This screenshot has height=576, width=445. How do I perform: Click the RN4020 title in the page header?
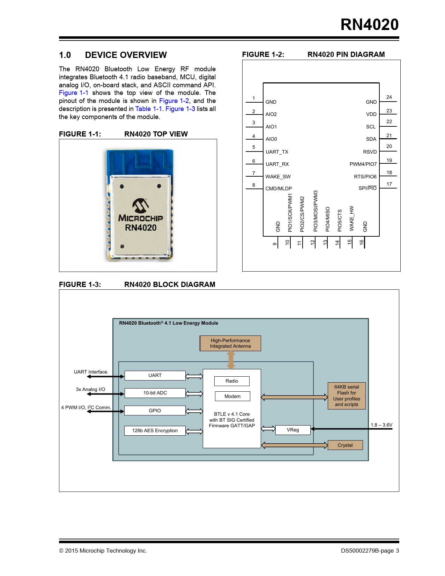(369, 25)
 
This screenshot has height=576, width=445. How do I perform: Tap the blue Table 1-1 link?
(148, 109)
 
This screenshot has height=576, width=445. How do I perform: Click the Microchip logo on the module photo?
(141, 206)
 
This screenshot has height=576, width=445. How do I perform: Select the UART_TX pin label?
(277, 152)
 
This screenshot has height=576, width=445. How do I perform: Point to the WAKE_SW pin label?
(278, 177)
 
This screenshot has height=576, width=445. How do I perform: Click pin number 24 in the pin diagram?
(389, 97)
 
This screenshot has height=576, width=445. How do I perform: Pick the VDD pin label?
(371, 114)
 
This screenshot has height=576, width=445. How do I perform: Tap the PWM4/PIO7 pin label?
(363, 164)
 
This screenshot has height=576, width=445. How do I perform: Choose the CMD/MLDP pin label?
(279, 189)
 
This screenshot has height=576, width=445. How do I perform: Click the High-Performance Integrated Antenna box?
(230, 343)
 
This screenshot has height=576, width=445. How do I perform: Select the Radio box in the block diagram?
(232, 381)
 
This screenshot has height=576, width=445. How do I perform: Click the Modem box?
(232, 396)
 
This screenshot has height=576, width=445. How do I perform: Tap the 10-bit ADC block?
(155, 393)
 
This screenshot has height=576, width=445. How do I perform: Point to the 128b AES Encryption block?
(155, 431)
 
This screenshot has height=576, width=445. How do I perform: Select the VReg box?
(293, 430)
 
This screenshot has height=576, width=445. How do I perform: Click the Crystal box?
(345, 445)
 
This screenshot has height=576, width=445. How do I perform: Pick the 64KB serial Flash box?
(347, 396)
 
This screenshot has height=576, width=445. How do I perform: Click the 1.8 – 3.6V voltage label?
(381, 425)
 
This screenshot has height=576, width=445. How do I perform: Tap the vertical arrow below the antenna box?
(231, 360)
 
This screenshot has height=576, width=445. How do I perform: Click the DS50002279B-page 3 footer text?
(370, 551)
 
